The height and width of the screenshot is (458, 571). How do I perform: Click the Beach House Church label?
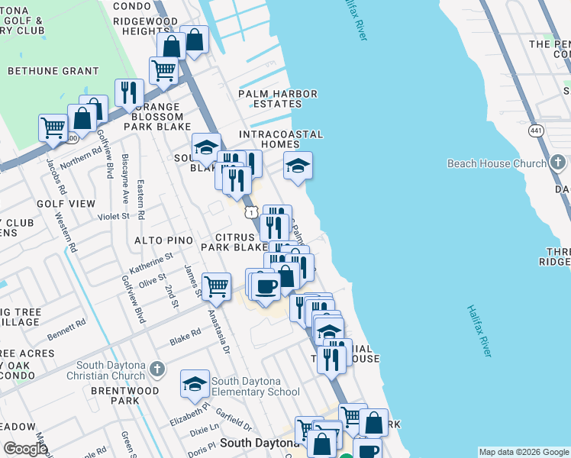coord(496,163)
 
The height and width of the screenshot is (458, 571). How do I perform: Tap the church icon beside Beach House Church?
coord(558,163)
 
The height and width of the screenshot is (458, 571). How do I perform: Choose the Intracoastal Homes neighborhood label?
coord(280,140)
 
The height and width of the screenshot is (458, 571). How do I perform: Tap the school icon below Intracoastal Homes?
coord(298,165)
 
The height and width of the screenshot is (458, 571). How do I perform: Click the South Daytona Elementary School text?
coord(255,387)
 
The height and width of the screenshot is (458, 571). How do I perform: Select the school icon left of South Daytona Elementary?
coord(195,383)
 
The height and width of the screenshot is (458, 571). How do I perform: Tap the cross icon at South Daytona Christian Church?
coord(157,369)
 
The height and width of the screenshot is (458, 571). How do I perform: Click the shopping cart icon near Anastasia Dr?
coord(217,285)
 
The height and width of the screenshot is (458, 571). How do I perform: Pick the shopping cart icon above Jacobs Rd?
coord(53,127)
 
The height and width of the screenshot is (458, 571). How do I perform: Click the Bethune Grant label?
coord(43,71)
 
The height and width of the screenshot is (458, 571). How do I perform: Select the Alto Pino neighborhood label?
coord(163,240)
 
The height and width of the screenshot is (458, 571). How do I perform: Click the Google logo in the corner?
coord(26,448)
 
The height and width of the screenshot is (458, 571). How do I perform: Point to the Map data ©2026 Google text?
coord(523,452)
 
